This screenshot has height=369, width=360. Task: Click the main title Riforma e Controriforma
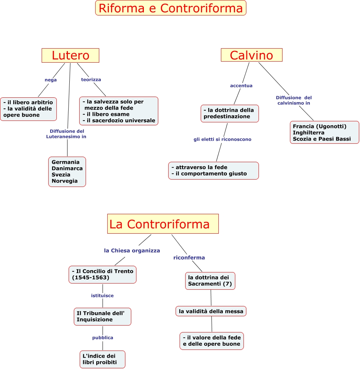pos(170,8)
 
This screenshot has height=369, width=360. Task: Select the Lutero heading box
pos(70,55)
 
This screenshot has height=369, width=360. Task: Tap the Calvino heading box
pos(251,55)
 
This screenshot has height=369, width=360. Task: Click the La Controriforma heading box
pos(163,224)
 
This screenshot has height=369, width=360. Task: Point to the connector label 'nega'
pos(51,80)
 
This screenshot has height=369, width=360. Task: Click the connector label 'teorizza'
pos(91,79)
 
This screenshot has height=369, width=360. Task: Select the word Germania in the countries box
pos(66,162)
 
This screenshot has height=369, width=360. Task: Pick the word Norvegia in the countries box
pos(65,181)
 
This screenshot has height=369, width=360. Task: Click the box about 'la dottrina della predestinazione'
pos(229,113)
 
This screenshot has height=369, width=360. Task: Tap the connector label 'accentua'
pos(241,86)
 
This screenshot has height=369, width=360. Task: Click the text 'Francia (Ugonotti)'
pos(319,126)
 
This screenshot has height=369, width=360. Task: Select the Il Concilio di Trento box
pos(102,274)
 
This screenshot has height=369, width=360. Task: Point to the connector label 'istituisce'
pos(102,296)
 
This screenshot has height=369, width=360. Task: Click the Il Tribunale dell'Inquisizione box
pos(102,316)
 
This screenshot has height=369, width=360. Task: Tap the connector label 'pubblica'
pos(103,338)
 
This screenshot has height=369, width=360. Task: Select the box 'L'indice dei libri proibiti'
pos(102,359)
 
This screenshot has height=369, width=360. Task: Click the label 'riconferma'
pos(189,258)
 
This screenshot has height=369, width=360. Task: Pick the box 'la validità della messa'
pos(211,311)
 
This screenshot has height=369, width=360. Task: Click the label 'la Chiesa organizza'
pos(132,251)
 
